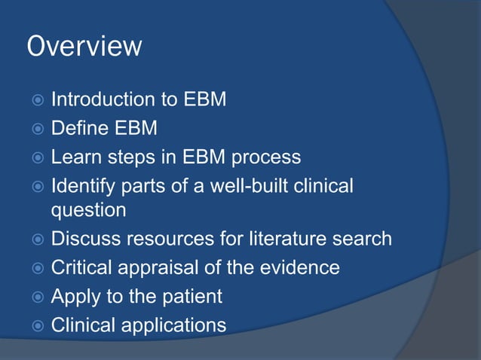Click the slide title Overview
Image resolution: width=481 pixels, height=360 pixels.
84,47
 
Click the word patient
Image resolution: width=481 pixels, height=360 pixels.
192,297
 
